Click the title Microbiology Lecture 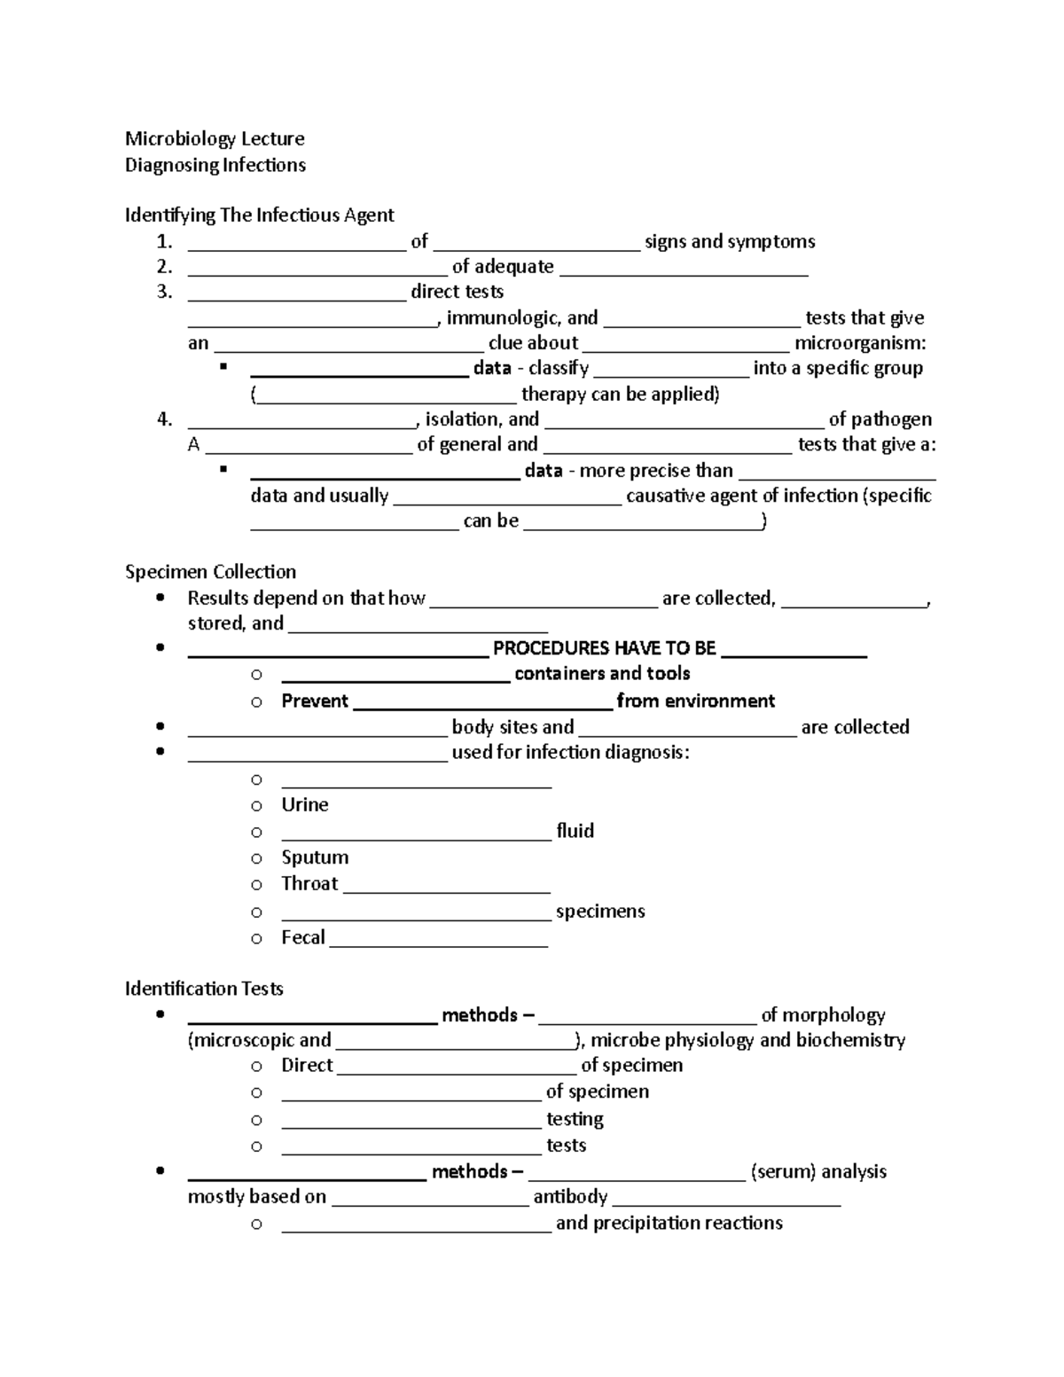tap(215, 138)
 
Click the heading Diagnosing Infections tap(215, 165)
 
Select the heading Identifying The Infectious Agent tap(259, 215)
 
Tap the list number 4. tap(164, 419)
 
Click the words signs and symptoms tap(729, 241)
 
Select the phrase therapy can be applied tap(620, 394)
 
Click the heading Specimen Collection tap(210, 572)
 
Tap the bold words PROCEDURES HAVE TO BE tap(604, 648)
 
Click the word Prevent tap(315, 700)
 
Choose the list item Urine tap(304, 804)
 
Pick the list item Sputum tap(315, 857)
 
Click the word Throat tap(309, 883)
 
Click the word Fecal tap(303, 937)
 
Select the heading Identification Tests tap(204, 989)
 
